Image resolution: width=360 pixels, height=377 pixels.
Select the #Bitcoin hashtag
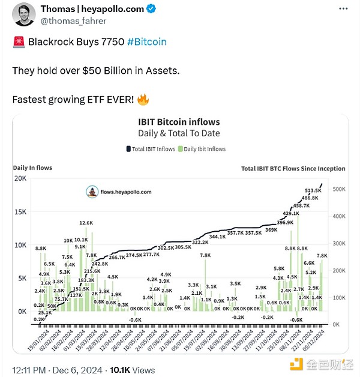(x=147, y=42)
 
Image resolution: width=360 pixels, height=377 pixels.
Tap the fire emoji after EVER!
(x=143, y=98)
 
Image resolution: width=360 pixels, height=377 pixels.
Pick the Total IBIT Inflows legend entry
(x=151, y=148)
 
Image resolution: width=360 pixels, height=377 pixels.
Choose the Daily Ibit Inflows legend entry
(x=202, y=148)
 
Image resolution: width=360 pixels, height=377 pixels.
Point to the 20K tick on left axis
(x=22, y=179)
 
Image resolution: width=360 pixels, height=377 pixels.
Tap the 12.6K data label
(x=86, y=223)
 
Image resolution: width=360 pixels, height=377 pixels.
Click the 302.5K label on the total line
(x=166, y=247)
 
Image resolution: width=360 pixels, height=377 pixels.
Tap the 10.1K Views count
(x=140, y=370)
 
